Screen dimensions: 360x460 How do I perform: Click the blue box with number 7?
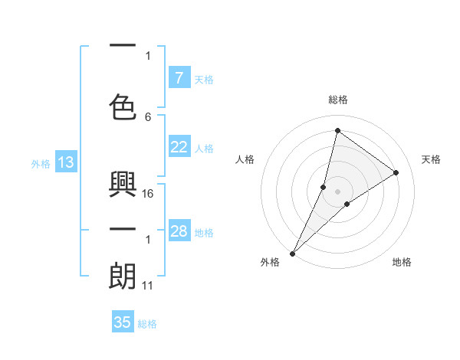pos(179,78)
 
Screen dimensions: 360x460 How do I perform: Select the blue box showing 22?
pos(179,147)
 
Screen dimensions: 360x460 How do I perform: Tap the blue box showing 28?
pos(179,231)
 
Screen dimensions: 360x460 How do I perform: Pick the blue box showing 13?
pos(65,162)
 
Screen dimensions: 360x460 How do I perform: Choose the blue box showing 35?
pos(123,322)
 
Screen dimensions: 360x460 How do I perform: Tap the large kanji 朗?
pos(123,277)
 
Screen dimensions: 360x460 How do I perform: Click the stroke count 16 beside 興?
pos(149,194)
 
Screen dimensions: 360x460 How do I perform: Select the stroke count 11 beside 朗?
pos(149,286)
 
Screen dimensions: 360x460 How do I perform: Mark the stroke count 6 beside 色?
pos(148,116)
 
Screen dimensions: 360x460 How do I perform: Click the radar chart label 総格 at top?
pos(337,100)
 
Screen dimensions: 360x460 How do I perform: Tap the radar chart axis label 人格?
pos(245,159)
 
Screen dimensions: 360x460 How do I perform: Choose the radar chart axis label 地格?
pos(402,263)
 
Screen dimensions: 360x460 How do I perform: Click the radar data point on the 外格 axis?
pos(292,253)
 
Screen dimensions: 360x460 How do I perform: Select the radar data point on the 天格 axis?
pos(396,173)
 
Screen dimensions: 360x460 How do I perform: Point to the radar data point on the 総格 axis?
pos(337,130)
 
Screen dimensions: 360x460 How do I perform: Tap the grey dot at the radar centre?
pos(337,191)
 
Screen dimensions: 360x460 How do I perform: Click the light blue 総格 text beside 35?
pos(147,324)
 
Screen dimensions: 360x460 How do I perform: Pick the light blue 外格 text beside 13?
pos(41,163)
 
